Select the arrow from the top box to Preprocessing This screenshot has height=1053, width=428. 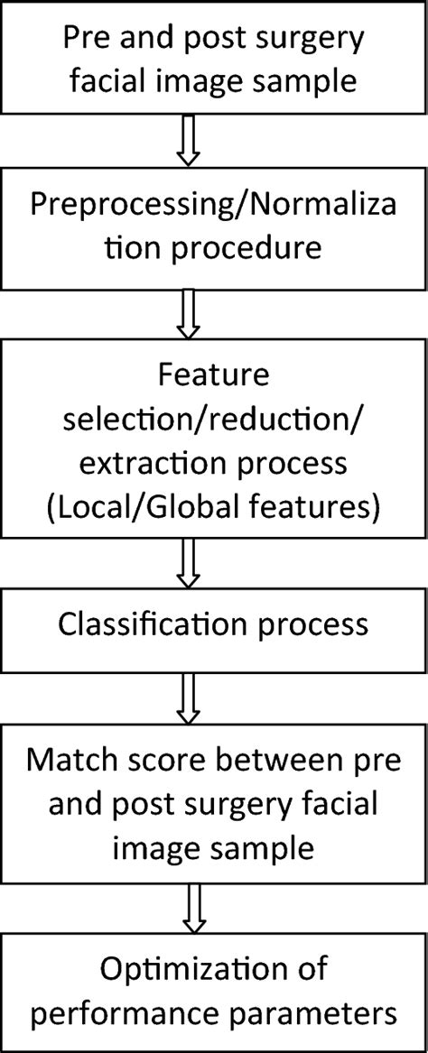pyautogui.click(x=187, y=143)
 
